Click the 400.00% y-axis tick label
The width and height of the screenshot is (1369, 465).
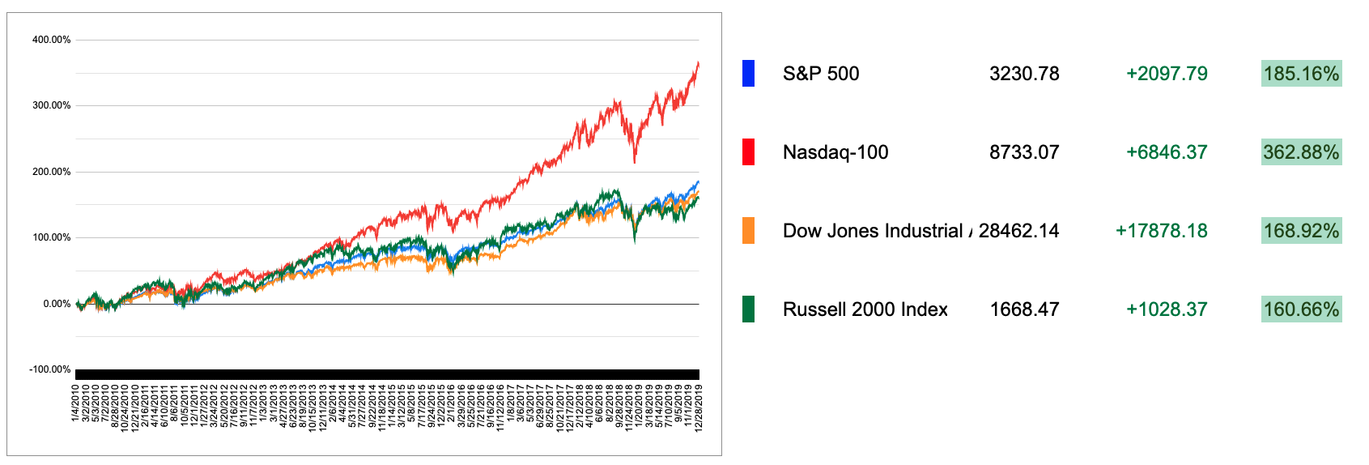pos(51,40)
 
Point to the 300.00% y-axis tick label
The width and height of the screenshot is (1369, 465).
pos(51,105)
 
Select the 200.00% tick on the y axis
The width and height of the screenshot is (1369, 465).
pos(51,172)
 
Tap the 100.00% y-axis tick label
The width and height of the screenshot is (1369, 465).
pos(51,237)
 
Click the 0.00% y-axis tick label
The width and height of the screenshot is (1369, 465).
pos(57,304)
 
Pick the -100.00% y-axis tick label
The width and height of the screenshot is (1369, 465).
pos(50,369)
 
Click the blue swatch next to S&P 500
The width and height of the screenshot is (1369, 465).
pos(748,74)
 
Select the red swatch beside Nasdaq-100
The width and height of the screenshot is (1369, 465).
pos(748,152)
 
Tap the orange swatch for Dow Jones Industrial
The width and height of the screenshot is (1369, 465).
pos(748,231)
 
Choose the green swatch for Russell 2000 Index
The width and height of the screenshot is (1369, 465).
pos(748,309)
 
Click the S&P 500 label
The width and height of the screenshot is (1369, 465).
pos(820,74)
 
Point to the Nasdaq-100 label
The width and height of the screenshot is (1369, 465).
pos(835,152)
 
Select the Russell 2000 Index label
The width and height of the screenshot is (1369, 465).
pos(865,309)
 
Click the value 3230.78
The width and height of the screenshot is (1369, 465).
pos(1024,74)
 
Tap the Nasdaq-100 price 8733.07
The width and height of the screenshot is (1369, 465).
pos(1024,152)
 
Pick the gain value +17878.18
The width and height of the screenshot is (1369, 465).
pos(1161,231)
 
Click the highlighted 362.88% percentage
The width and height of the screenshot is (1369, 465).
pos(1301,152)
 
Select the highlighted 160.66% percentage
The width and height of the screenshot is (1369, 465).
pos(1301,309)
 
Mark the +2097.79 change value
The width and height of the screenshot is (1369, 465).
pos(1167,74)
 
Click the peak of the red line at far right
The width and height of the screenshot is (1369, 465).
pos(698,63)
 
